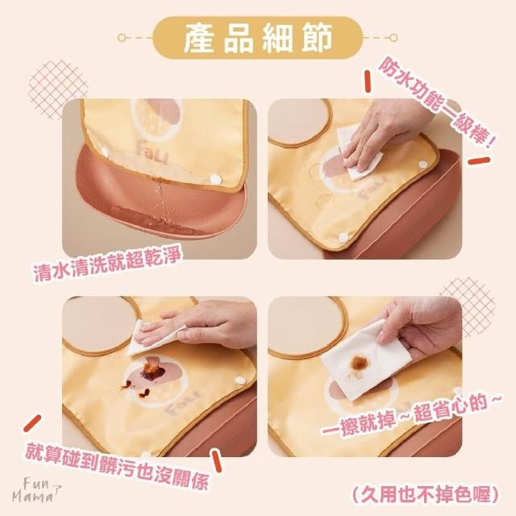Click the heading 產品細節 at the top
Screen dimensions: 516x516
pyautogui.click(x=258, y=38)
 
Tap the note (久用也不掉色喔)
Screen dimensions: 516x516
pyautogui.click(x=425, y=493)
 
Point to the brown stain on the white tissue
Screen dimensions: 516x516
pyautogui.click(x=360, y=363)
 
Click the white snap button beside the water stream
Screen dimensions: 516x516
pyautogui.click(x=215, y=180)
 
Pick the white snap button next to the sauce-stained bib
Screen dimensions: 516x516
pyautogui.click(x=240, y=381)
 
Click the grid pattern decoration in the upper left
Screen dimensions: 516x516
pyautogui.click(x=56, y=88)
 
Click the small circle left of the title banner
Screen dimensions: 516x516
pyautogui.click(x=122, y=38)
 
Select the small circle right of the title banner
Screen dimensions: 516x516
pyautogui.click(x=394, y=38)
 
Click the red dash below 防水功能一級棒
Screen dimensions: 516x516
pyautogui.click(x=479, y=161)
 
